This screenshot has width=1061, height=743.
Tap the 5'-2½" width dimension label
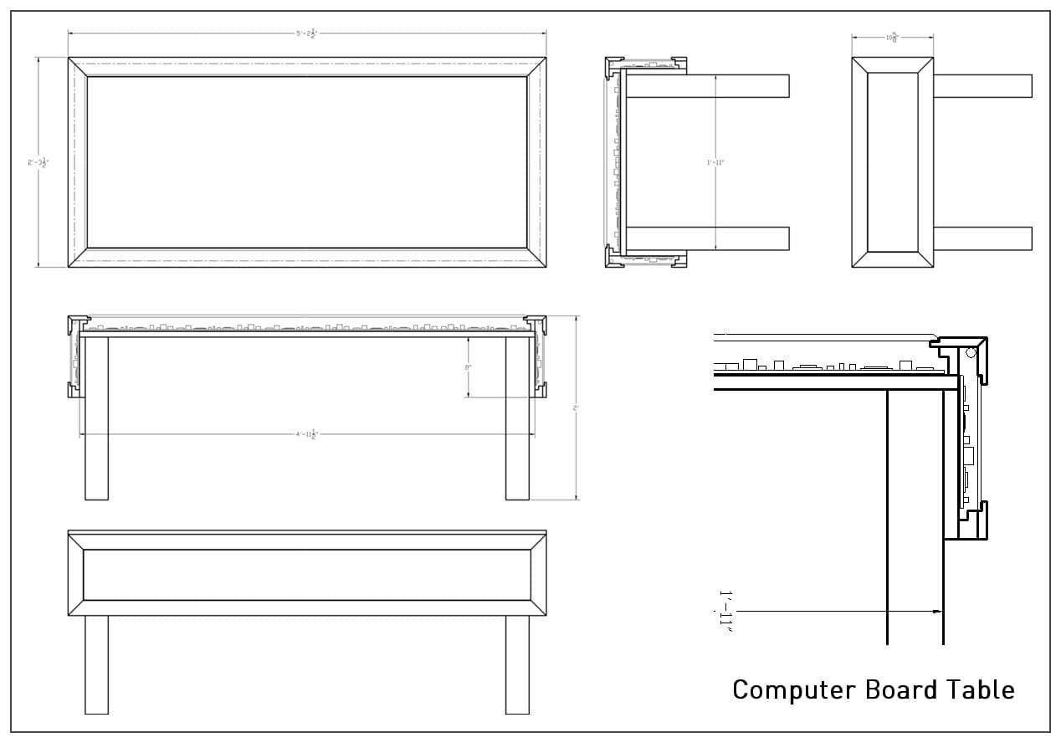click(306, 33)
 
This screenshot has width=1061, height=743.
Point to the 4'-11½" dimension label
click(307, 434)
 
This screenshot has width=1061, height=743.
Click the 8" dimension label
click(469, 367)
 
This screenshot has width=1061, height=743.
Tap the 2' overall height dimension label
click(576, 407)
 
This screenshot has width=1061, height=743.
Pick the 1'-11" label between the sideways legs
click(715, 162)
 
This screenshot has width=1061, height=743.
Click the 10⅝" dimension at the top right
click(892, 37)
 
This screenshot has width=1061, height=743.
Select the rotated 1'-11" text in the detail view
click(725, 612)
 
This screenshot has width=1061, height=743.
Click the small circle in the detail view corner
click(971, 352)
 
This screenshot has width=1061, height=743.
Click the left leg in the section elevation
click(96, 418)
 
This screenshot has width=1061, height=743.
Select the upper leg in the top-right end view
click(982, 86)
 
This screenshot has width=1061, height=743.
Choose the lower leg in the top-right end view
click(982, 238)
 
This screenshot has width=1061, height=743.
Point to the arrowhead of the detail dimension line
click(936, 612)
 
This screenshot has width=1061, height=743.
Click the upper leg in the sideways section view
click(707, 86)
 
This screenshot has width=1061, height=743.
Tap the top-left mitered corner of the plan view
click(78, 67)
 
